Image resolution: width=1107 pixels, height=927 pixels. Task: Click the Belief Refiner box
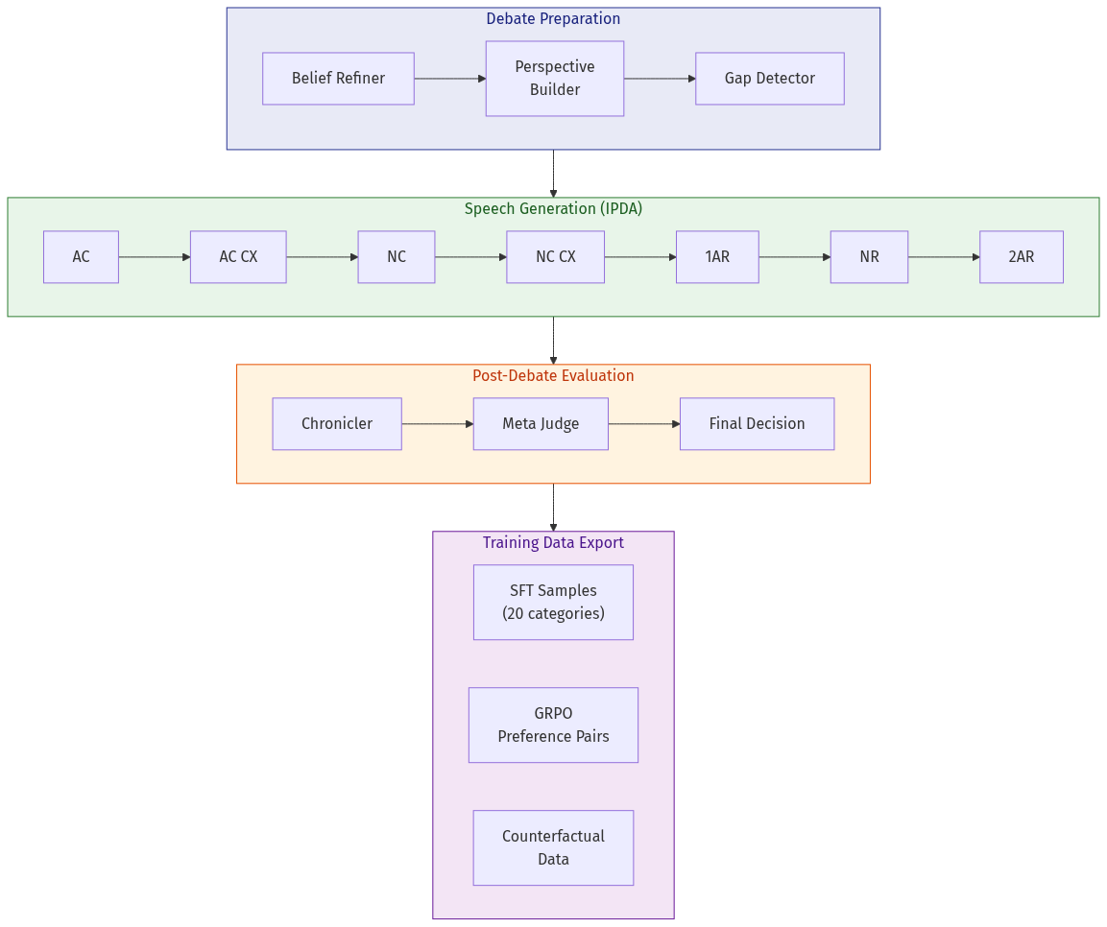click(338, 79)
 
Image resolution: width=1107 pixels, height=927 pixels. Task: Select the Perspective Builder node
click(554, 79)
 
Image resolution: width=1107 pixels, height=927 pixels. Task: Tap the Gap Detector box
click(769, 79)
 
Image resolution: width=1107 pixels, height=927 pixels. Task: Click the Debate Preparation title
click(553, 19)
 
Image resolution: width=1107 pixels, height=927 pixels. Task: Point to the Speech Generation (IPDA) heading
click(553, 209)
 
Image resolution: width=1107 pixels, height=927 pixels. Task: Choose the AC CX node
click(238, 257)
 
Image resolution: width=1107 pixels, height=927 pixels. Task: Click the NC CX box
click(555, 257)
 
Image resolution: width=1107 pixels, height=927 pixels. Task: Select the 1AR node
click(717, 257)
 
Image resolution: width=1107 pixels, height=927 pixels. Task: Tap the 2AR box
click(1021, 257)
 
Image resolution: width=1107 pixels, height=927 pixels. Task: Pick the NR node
click(869, 257)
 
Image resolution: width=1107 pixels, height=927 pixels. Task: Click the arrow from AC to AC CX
click(154, 257)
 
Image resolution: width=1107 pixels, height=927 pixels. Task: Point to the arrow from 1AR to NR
click(794, 257)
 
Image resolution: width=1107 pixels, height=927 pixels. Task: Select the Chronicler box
click(337, 424)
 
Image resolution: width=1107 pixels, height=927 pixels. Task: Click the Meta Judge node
click(541, 424)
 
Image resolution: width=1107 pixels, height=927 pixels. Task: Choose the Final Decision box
click(757, 424)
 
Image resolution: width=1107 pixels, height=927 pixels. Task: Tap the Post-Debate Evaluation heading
click(553, 376)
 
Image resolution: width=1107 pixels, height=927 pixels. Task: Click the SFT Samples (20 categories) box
click(553, 603)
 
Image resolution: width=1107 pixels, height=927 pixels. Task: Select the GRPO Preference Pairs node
click(553, 725)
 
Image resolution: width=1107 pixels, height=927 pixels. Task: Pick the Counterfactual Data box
click(553, 848)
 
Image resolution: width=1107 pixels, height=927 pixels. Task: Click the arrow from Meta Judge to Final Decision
click(643, 424)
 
